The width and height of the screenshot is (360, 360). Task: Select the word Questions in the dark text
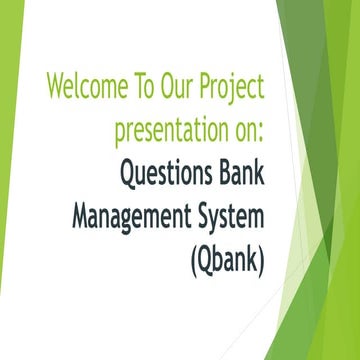pyautogui.click(x=171, y=174)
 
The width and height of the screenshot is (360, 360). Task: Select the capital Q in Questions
pyautogui.click(x=128, y=174)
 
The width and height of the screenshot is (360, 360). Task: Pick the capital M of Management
pyautogui.click(x=80, y=218)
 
